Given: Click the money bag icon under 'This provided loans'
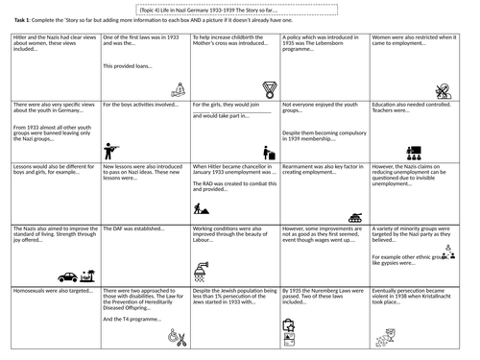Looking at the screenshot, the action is click(x=177, y=87).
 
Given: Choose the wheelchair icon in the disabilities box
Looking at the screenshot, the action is click(x=176, y=337).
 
